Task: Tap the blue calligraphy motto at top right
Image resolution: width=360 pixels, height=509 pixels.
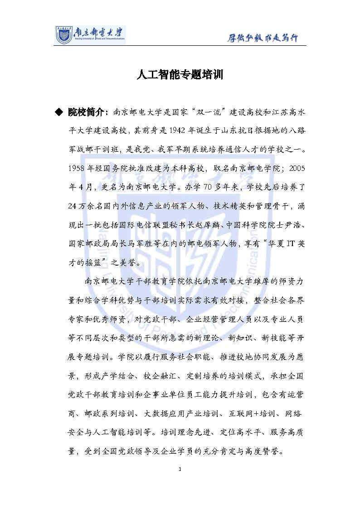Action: pos(263,38)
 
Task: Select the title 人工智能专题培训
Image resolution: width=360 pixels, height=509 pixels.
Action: pos(180,75)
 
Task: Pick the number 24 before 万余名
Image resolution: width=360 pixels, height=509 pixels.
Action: pos(71,206)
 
